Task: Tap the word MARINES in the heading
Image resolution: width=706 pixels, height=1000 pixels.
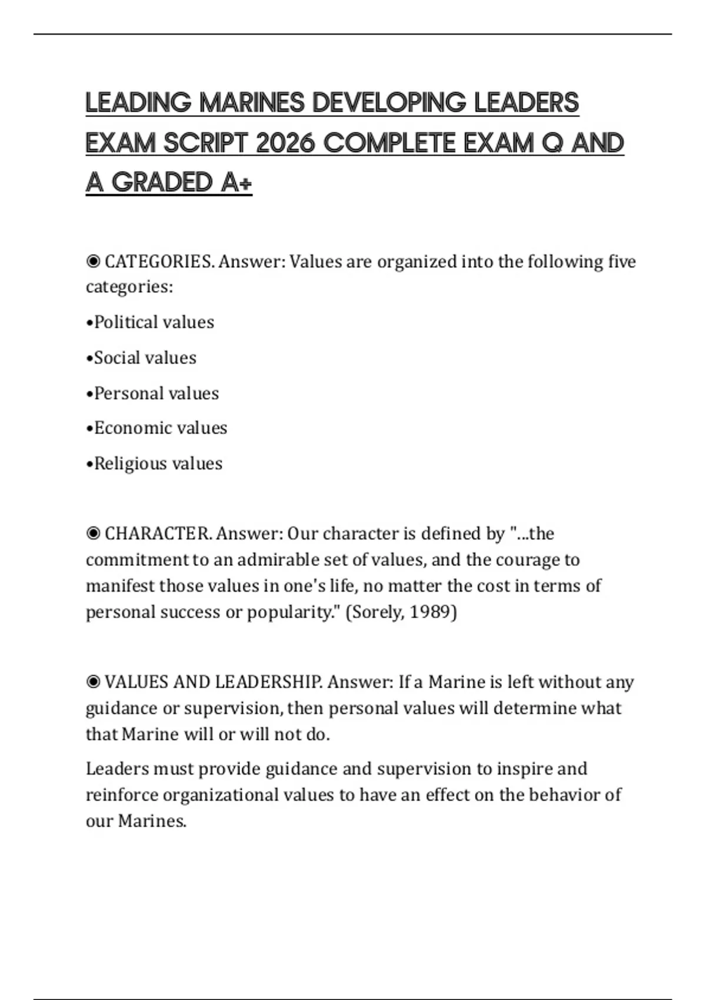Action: point(252,103)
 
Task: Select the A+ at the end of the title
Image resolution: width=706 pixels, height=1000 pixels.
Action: point(237,182)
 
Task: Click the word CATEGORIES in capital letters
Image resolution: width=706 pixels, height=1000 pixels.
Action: point(158,261)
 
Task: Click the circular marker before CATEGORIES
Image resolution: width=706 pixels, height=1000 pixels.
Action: point(93,261)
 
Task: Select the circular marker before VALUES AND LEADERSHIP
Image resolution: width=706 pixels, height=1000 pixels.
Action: point(93,682)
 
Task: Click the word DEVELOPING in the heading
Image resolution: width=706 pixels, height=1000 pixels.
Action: point(389,103)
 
